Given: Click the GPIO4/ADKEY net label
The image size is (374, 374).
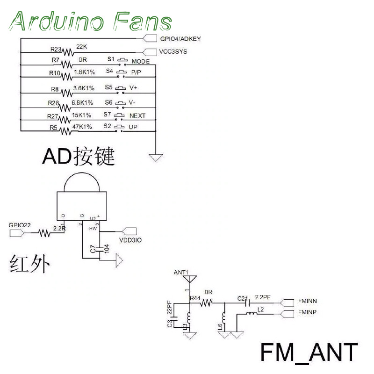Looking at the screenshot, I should click(180, 39).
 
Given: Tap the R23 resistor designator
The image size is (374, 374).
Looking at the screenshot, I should click(56, 49).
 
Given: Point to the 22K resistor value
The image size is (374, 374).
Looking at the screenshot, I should click(81, 47).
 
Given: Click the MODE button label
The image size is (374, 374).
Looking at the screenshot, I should click(140, 62).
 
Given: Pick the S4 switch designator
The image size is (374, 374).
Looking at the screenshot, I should click(109, 72).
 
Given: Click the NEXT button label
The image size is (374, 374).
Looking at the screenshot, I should click(137, 116).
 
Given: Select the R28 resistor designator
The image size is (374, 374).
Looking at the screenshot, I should click(54, 103).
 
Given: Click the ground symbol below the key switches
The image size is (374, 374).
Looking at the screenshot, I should click(156, 157).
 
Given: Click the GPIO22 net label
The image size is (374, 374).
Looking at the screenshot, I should click(20, 225).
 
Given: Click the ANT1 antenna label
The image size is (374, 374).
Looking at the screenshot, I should click(181, 272).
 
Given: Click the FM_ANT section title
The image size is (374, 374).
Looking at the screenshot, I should click(309, 352).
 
